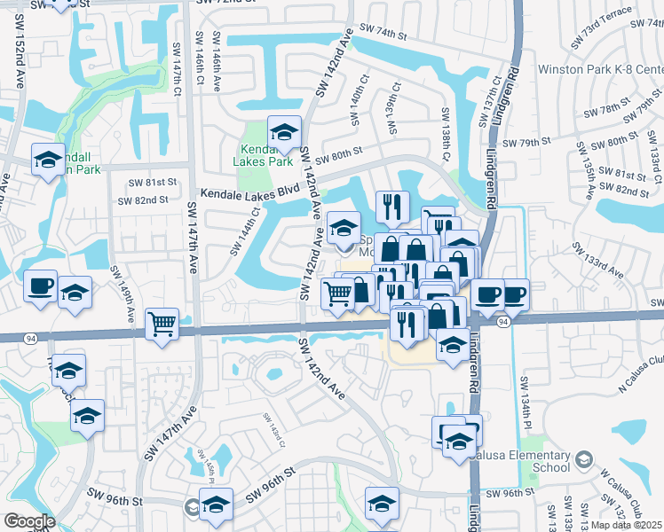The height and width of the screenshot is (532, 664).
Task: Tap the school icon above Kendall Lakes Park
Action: tap(284, 132)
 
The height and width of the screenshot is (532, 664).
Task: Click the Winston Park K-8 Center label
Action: tap(600, 69)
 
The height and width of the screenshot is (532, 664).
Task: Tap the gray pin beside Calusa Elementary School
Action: tap(583, 458)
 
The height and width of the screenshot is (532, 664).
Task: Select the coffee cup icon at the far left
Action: tap(41, 286)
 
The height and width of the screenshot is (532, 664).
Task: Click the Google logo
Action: tap(29, 521)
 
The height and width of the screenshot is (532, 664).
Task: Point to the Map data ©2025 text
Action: tap(626, 525)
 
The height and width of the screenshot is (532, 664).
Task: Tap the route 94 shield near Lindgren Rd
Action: tap(503, 321)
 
